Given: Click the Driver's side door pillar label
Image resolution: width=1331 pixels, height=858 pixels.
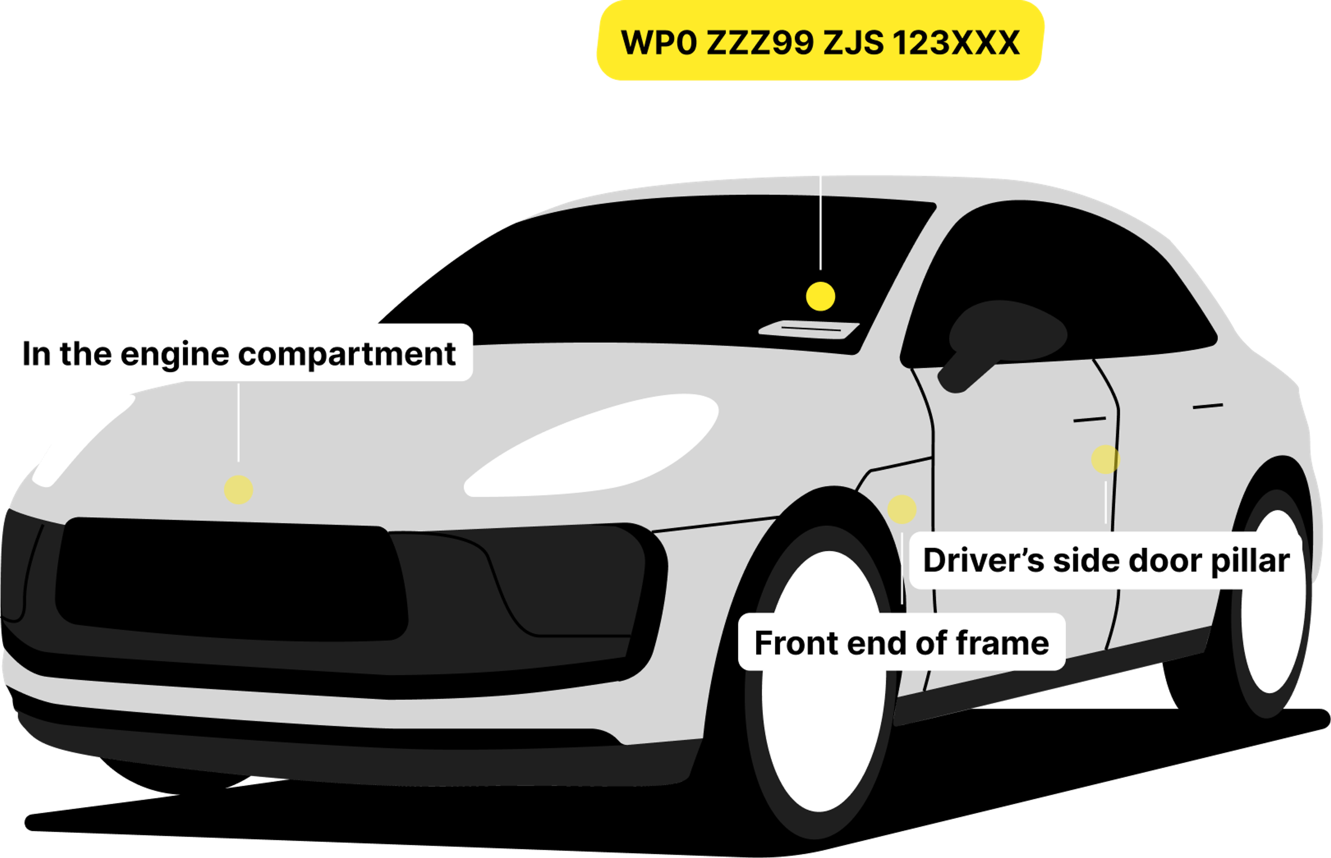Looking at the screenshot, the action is [1106, 560].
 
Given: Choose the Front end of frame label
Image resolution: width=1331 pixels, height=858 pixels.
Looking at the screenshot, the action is [902, 642].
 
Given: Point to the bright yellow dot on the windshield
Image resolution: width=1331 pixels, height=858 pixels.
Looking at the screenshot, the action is [820, 296].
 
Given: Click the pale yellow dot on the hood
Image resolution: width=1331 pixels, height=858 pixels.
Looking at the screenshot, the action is [238, 490].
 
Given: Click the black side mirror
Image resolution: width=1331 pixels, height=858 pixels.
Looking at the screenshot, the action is [997, 340].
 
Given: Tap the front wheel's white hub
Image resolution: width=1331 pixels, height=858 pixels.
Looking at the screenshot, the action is [824, 680].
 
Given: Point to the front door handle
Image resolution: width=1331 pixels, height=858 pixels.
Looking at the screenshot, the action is [1089, 419].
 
